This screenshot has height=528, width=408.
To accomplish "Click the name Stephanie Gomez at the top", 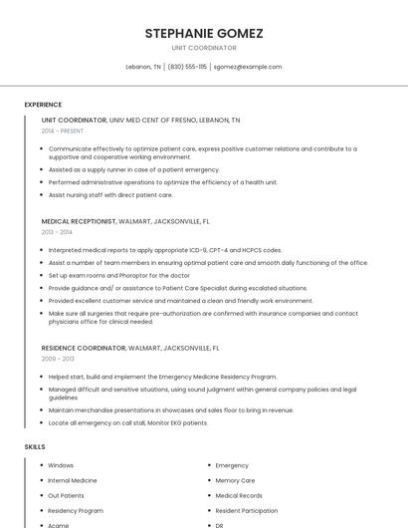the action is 203,33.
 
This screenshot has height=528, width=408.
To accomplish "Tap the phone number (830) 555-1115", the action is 187,67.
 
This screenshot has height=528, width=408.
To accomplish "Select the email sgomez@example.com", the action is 248,67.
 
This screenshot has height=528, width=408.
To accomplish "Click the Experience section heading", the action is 43,105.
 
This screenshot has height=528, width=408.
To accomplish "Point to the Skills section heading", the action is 35,447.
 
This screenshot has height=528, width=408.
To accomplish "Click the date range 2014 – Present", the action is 64,131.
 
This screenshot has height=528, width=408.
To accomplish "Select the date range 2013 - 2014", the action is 58,231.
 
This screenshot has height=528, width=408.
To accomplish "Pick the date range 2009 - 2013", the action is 58,358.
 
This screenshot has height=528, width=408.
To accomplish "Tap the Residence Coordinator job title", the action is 84,348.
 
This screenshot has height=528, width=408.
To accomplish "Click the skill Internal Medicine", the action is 73,480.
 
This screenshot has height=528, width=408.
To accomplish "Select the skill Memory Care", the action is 235,480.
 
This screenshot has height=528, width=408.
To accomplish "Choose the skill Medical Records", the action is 239,495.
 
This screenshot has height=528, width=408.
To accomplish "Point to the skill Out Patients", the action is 66,495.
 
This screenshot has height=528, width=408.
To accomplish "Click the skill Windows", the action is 61,465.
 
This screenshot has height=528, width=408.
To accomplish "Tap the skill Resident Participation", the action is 247,510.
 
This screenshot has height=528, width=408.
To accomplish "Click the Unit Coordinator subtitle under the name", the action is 203,48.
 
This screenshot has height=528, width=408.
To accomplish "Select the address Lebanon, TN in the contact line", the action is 143,67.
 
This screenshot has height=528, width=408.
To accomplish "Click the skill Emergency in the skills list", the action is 232,465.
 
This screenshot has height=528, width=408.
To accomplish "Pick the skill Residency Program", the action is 76,510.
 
